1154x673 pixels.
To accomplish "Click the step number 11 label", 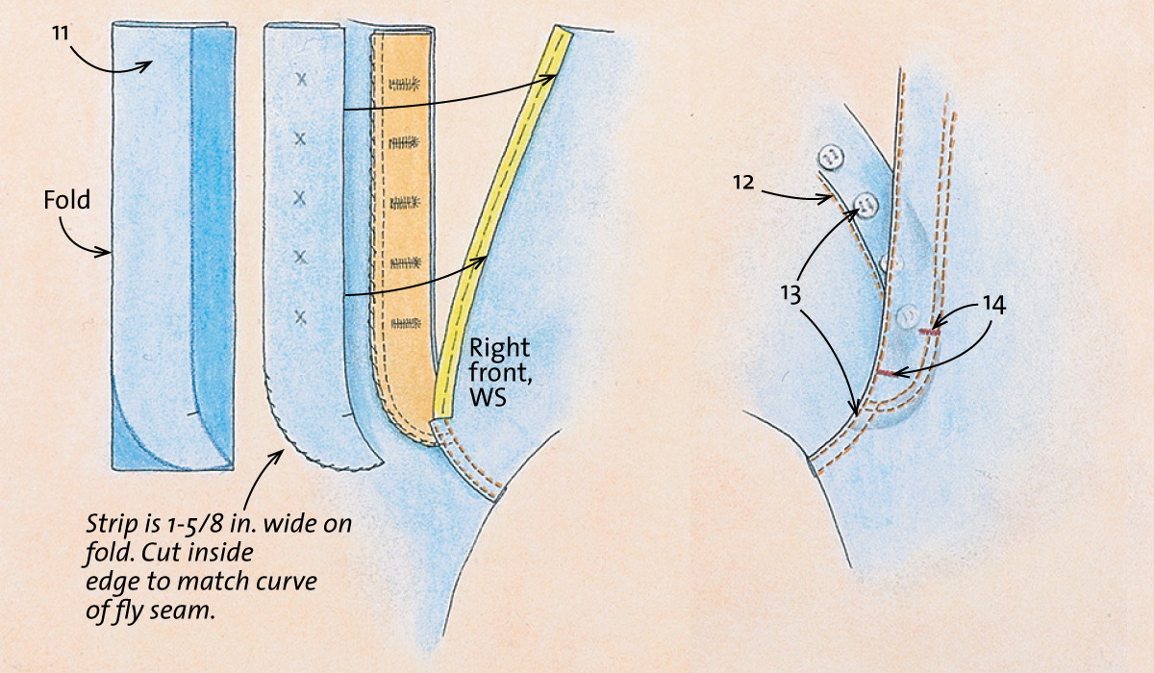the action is pyautogui.click(x=61, y=34).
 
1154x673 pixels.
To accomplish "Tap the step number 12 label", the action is pyautogui.click(x=744, y=183).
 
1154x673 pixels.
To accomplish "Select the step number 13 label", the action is pyautogui.click(x=790, y=294).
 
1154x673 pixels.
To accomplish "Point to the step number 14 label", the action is pyautogui.click(x=994, y=305).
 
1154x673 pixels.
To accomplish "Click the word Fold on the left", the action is pyautogui.click(x=67, y=200).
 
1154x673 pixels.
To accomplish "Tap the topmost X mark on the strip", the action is pyautogui.click(x=301, y=79).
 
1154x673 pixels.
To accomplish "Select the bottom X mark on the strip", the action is pyautogui.click(x=300, y=317).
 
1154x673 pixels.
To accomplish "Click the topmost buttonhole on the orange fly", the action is pyautogui.click(x=404, y=84).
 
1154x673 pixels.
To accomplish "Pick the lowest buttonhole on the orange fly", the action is pyautogui.click(x=406, y=323).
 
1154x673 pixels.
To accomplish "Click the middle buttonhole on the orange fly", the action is pyautogui.click(x=405, y=202).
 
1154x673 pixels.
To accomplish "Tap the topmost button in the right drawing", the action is pyautogui.click(x=830, y=156).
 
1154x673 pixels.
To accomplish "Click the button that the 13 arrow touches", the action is pyautogui.click(x=866, y=204).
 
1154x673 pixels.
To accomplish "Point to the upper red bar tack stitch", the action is pyautogui.click(x=929, y=332).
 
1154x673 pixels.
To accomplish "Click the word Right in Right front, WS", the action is pyautogui.click(x=499, y=349).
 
